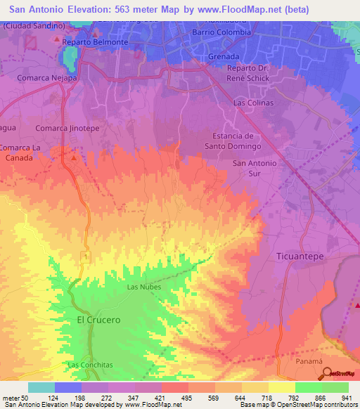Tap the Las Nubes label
[x=143, y=287]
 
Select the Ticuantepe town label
[x=300, y=257]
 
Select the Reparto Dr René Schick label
[x=253, y=73]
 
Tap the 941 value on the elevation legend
[x=345, y=398]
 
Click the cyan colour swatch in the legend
[x=41, y=387]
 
